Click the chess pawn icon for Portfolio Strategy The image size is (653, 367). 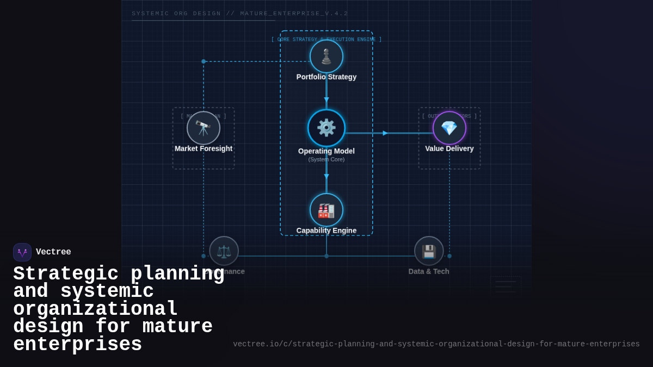pyautogui.click(x=326, y=57)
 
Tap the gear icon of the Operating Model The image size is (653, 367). pyautogui.click(x=326, y=128)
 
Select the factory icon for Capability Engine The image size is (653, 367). pyautogui.click(x=326, y=210)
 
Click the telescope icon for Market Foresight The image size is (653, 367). pyautogui.click(x=204, y=128)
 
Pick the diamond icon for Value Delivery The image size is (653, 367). pyautogui.click(x=449, y=128)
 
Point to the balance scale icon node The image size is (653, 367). pyautogui.click(x=224, y=251)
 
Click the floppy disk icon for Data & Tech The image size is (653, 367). pyautogui.click(x=429, y=251)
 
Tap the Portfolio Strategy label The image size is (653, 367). pyautogui.click(x=326, y=77)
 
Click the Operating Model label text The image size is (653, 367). pyautogui.click(x=326, y=151)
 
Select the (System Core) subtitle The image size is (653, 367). pyautogui.click(x=326, y=159)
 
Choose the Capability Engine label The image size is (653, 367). pyautogui.click(x=326, y=231)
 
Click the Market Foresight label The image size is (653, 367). pyautogui.click(x=204, y=148)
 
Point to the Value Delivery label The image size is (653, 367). pyautogui.click(x=449, y=148)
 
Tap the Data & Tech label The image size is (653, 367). pyautogui.click(x=429, y=271)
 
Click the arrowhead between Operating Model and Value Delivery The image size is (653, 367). pyautogui.click(x=385, y=133)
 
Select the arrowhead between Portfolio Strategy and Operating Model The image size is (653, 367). pyautogui.click(x=326, y=100)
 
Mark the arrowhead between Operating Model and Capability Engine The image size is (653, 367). pyautogui.click(x=326, y=177)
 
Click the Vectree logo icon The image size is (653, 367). pyautogui.click(x=22, y=252)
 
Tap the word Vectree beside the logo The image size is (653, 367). pyautogui.click(x=53, y=252)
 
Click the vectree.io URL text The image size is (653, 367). pyautogui.click(x=436, y=344)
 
